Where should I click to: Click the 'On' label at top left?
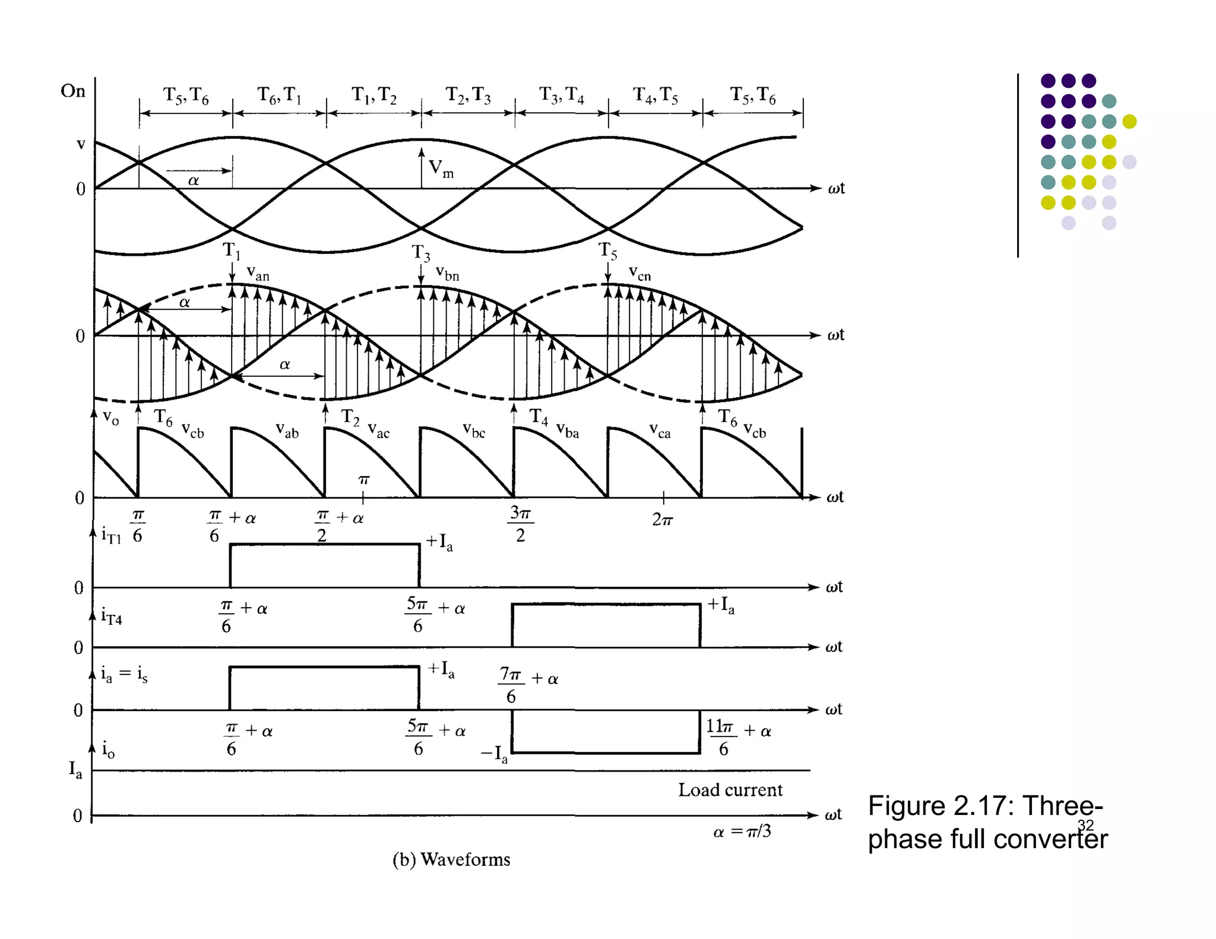[x=72, y=91]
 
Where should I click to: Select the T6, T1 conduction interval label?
[x=279, y=95]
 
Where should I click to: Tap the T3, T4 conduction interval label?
[x=561, y=95]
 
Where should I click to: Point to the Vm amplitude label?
[x=441, y=169]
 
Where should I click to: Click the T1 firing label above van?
[x=232, y=250]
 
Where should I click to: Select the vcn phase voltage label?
[x=639, y=274]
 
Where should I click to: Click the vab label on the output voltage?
[x=287, y=430]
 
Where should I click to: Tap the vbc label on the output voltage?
[x=474, y=430]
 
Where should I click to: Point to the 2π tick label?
[x=663, y=520]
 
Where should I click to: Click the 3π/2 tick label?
[x=521, y=523]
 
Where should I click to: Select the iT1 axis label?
[x=111, y=535]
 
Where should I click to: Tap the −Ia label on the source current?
[x=494, y=754]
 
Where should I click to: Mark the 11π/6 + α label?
[x=738, y=737]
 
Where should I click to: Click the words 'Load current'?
[x=730, y=790]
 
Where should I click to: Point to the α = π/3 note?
[x=742, y=832]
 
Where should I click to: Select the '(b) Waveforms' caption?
[x=451, y=859]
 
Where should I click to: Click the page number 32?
[x=1085, y=825]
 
